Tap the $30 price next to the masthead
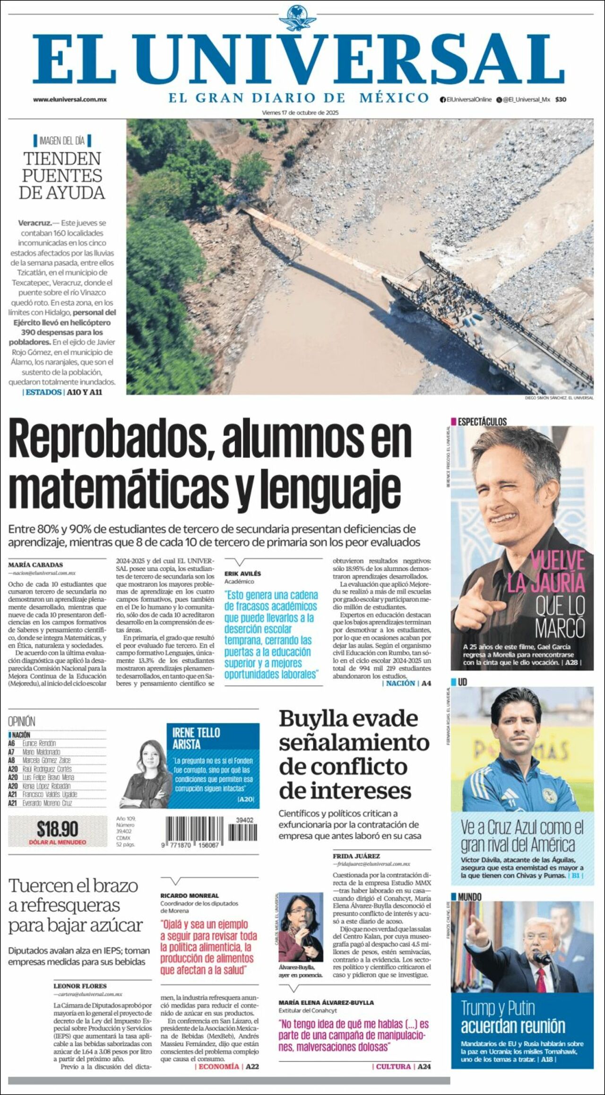point(561,100)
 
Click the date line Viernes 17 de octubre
point(300,113)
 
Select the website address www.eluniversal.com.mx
point(69,100)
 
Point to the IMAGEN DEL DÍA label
point(62,140)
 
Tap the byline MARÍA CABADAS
point(35,565)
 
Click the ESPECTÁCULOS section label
point(482,422)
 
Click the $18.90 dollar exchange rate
point(58,829)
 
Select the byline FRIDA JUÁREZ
point(356,856)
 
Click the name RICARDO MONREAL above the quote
point(190,896)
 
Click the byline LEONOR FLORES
point(80,986)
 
